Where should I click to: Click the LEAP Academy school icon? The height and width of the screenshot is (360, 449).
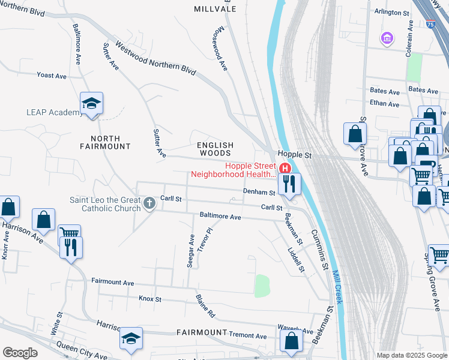click(92, 104)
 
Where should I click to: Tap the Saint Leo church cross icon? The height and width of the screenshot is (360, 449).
click(150, 203)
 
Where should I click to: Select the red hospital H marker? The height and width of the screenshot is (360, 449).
click(285, 169)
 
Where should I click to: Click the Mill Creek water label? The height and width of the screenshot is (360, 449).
click(337, 286)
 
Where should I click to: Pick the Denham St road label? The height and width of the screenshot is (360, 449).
click(258, 192)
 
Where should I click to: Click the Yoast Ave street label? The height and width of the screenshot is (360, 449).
click(52, 76)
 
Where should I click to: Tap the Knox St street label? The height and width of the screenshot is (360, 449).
click(150, 298)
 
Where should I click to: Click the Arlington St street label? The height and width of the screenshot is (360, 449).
click(391, 12)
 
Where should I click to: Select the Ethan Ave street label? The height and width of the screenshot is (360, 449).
click(385, 104)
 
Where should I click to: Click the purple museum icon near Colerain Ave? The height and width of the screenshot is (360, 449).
click(387, 39)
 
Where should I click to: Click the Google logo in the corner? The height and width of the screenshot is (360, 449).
click(20, 353)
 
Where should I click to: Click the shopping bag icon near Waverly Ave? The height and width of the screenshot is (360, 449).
click(292, 341)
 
